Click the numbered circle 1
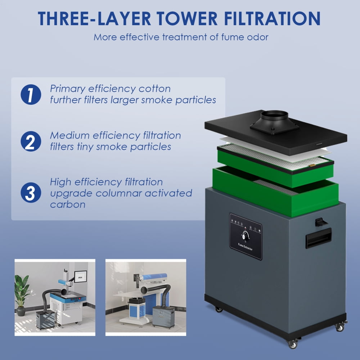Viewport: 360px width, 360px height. [31, 94]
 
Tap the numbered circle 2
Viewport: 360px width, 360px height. [31, 141]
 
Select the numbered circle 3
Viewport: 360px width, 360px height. [31, 192]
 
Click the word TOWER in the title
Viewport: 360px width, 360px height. [187, 19]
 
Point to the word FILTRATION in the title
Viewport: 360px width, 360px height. [272, 19]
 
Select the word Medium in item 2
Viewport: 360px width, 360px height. [70, 135]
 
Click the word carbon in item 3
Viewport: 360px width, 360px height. [68, 204]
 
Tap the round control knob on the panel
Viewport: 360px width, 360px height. [245, 236]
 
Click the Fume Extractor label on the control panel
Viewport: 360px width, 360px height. [245, 247]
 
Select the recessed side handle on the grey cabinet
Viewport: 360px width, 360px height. [319, 238]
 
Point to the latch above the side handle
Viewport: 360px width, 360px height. [320, 222]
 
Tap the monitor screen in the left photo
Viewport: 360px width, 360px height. [80, 276]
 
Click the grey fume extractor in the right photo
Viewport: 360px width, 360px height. [163, 317]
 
